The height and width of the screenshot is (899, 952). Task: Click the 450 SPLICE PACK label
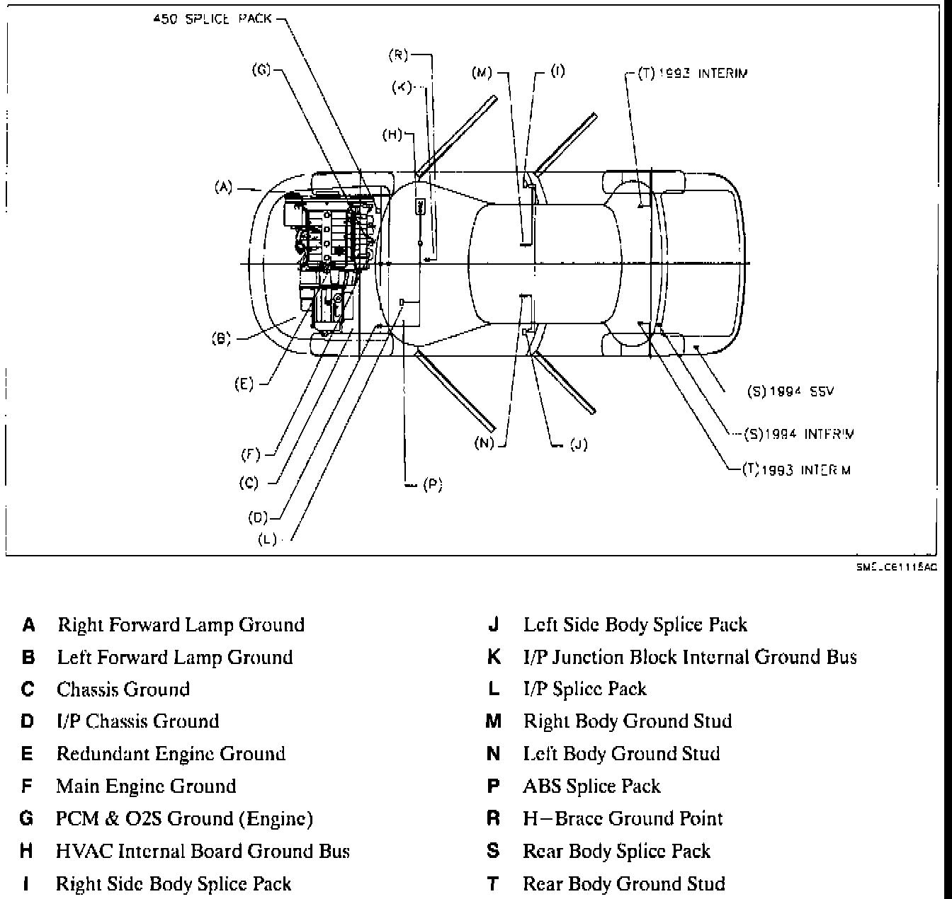pos(212,19)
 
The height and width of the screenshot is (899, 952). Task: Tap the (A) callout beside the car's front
pos(223,188)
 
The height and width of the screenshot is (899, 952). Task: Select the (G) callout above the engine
pos(261,70)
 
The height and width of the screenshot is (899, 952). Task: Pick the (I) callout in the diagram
pos(558,71)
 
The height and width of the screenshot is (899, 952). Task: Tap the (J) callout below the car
pos(578,445)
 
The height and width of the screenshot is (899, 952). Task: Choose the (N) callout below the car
pos(484,444)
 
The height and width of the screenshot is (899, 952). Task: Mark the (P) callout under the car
pos(432,485)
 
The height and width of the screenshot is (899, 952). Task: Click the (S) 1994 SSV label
pos(790,391)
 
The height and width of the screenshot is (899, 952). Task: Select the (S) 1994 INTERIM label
pos(800,434)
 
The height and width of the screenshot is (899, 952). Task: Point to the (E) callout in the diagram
pos(244,384)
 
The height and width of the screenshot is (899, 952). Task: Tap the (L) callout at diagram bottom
pos(267,539)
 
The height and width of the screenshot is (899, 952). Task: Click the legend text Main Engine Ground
pos(146,786)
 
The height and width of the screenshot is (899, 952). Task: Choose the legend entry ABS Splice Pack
pos(591,786)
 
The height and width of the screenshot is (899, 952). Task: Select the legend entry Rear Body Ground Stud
pos(623,883)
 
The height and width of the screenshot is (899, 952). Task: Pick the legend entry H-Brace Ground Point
pos(623,818)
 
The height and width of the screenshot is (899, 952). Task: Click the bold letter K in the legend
pos(494,657)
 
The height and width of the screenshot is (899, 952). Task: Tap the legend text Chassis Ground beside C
pos(123,689)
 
